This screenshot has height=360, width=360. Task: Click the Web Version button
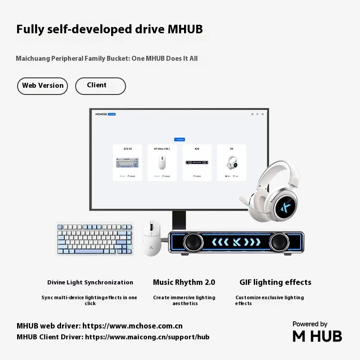click(x=43, y=86)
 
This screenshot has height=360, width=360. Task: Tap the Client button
click(x=100, y=86)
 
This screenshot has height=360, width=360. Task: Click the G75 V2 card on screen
click(x=128, y=162)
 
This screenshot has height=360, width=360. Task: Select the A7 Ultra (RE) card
click(x=162, y=162)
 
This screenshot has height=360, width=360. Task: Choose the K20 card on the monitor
click(x=197, y=162)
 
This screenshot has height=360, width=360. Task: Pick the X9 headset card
click(x=231, y=162)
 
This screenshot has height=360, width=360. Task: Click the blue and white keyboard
click(x=94, y=239)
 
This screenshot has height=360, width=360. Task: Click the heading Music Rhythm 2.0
click(x=184, y=283)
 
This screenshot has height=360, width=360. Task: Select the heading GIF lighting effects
click(x=275, y=283)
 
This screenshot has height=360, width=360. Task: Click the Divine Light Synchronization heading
click(x=90, y=283)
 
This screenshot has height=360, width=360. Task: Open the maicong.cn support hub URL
click(x=147, y=337)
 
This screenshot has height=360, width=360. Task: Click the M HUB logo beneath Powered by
click(x=317, y=336)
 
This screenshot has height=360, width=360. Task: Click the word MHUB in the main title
click(x=185, y=30)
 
